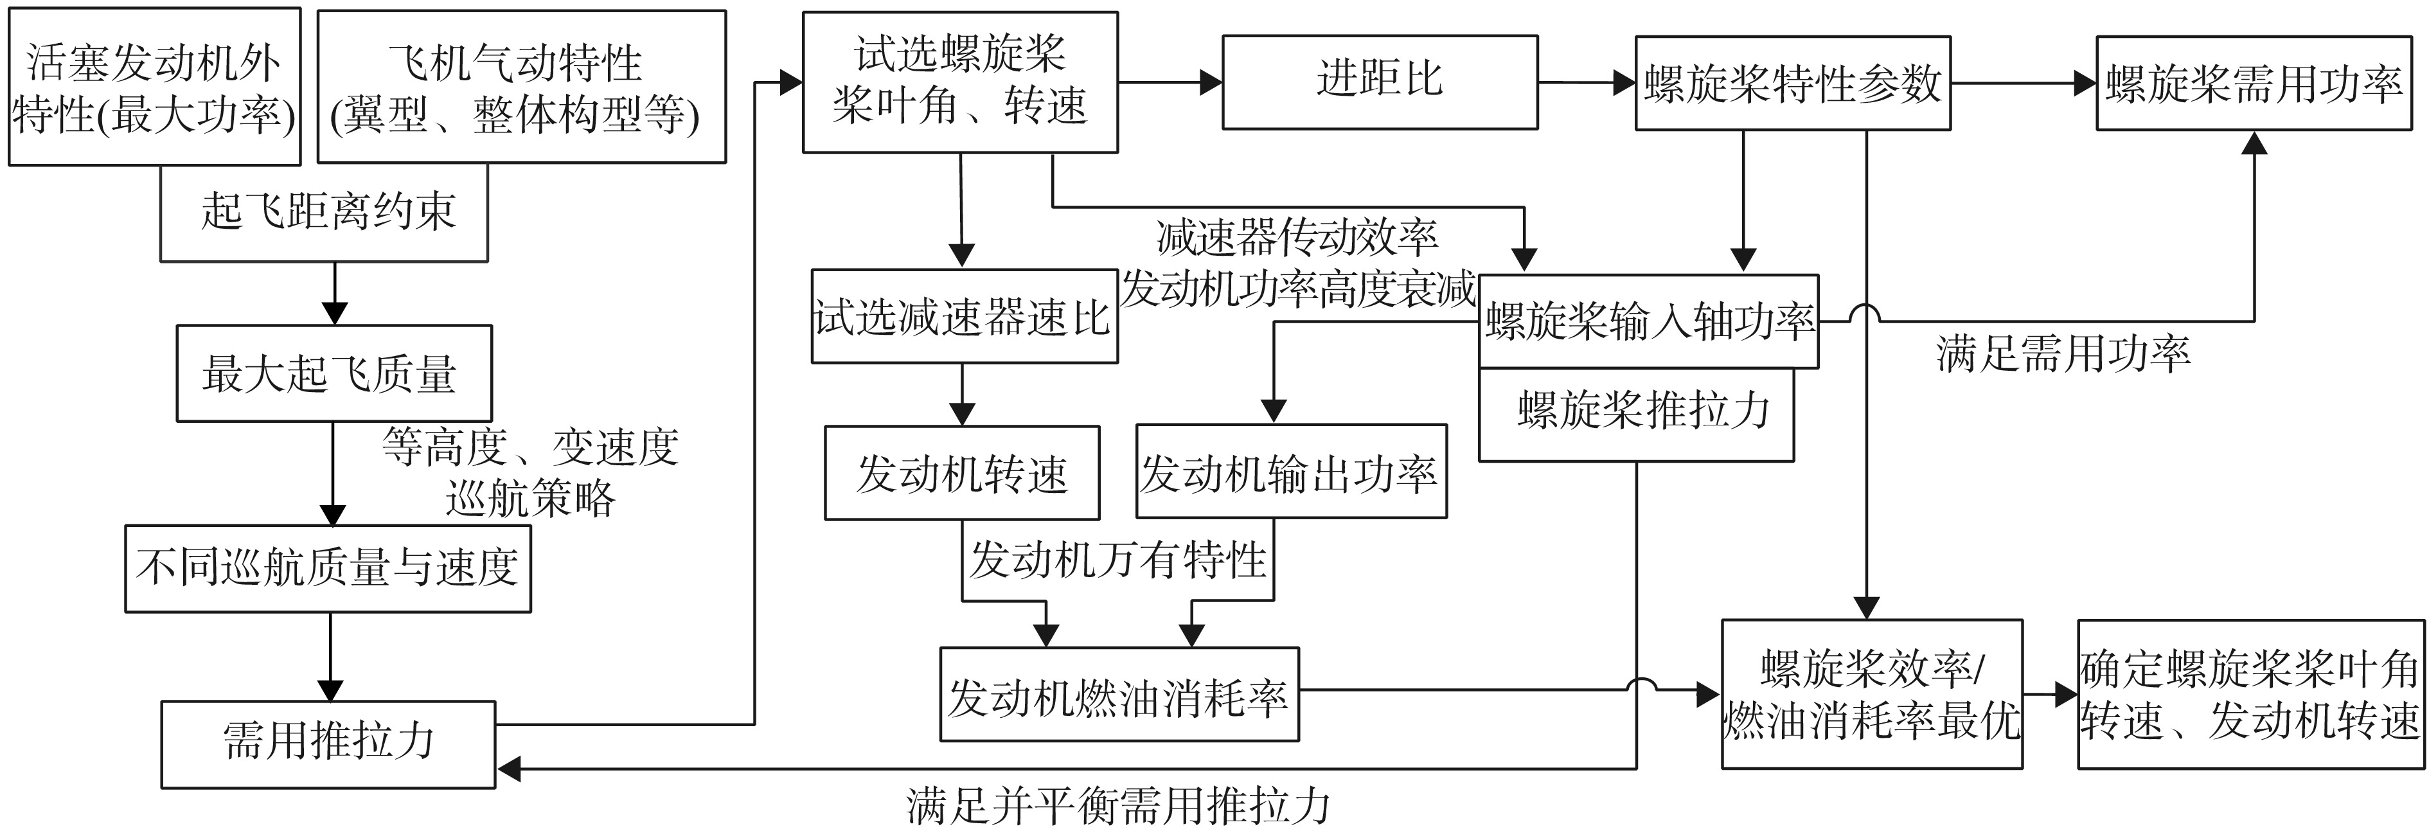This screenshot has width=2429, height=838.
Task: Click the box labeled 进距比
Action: [x=1380, y=82]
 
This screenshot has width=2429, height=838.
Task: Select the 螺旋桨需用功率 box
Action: [x=2254, y=84]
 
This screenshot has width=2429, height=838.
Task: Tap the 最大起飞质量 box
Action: [x=334, y=373]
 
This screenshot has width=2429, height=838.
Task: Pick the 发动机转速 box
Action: [x=962, y=472]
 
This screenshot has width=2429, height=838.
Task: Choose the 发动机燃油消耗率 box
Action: [x=1119, y=694]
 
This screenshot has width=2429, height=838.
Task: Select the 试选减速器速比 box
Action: [x=965, y=317]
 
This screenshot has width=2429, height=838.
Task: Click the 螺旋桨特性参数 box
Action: [x=1793, y=83]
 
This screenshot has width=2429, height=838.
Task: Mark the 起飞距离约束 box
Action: [x=323, y=213]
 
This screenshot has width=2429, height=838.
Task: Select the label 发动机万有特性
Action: [x=1118, y=560]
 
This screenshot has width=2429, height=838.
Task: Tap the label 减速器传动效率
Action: [x=1297, y=238]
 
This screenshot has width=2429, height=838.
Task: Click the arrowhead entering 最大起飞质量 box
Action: [x=334, y=314]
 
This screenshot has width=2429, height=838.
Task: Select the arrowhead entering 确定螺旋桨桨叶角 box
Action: [x=2066, y=695]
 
